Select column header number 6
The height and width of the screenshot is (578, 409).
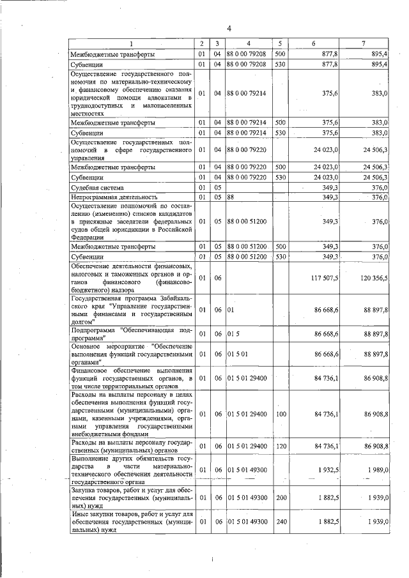(313, 43)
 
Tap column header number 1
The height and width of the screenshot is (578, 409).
(131, 43)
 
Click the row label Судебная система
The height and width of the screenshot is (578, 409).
(98, 188)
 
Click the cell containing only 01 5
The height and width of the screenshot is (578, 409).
(233, 334)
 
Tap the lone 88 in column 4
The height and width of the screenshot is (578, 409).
(231, 198)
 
